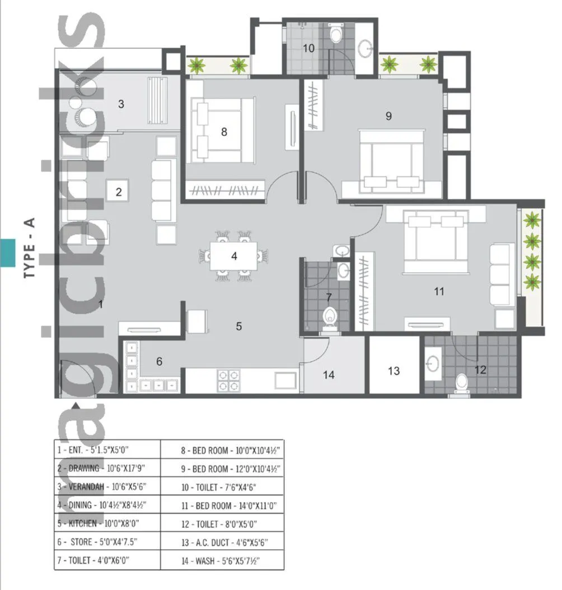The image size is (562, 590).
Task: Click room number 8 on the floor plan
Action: point(224,132)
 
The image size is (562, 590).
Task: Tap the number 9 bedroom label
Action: point(388,116)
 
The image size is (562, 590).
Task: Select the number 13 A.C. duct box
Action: point(394,371)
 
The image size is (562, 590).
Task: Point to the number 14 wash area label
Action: point(329,375)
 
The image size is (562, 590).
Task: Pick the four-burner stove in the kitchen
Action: point(228,379)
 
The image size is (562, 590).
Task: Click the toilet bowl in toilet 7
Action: point(329,317)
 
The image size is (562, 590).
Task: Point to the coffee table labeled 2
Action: point(119,192)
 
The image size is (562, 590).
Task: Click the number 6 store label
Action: point(159,362)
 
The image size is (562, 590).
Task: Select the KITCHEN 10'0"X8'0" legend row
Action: point(98,524)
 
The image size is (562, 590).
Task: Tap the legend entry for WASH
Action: point(221,560)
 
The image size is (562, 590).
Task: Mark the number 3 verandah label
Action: point(120,104)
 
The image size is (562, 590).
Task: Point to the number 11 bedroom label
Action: point(439,291)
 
